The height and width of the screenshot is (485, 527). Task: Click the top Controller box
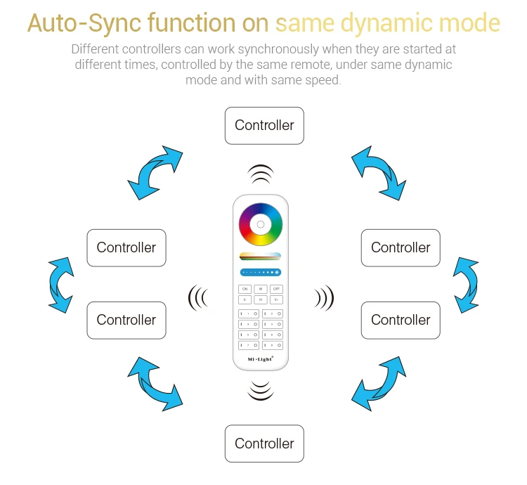click(264, 126)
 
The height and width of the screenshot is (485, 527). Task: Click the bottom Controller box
click(264, 444)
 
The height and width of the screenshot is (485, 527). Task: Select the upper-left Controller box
click(126, 247)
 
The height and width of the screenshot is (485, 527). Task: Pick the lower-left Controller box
click(126, 320)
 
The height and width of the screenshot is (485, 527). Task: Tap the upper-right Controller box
click(401, 247)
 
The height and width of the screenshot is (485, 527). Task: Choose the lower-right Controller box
click(401, 320)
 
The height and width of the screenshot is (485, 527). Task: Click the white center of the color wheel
click(260, 225)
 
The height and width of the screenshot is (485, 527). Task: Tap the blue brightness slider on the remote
click(260, 271)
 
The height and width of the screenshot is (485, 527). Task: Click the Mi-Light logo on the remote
click(260, 359)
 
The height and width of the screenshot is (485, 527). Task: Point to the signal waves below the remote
click(260, 389)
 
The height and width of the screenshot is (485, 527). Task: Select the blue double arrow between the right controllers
click(465, 283)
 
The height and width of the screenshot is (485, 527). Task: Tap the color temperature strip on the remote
click(260, 256)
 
